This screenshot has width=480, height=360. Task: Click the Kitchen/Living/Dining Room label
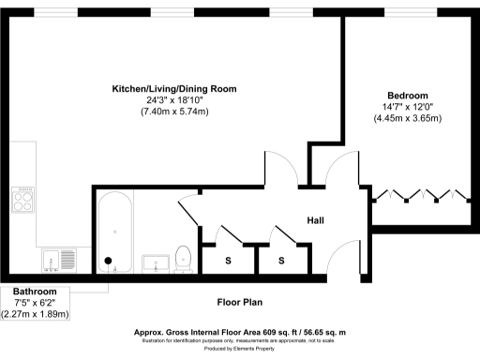pos(174,88)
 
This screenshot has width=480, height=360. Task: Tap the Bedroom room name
pos(408,96)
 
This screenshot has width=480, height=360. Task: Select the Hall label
pos(316,220)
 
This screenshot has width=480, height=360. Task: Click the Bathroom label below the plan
pos(35,292)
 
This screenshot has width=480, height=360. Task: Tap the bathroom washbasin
pos(153,262)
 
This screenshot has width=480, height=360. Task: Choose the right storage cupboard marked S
pos(280,260)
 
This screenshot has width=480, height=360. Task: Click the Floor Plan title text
pos(240,302)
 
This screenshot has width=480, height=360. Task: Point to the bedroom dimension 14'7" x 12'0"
pos(408,107)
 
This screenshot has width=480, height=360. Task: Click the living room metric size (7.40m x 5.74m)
pos(174,112)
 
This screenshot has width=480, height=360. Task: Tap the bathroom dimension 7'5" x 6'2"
pos(35,303)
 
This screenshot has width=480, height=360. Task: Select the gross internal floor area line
pos(240,332)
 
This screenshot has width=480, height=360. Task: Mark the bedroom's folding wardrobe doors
pos(419,198)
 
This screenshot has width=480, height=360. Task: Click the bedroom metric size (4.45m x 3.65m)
pos(408,118)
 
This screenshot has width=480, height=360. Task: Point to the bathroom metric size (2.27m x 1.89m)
pos(35,314)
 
